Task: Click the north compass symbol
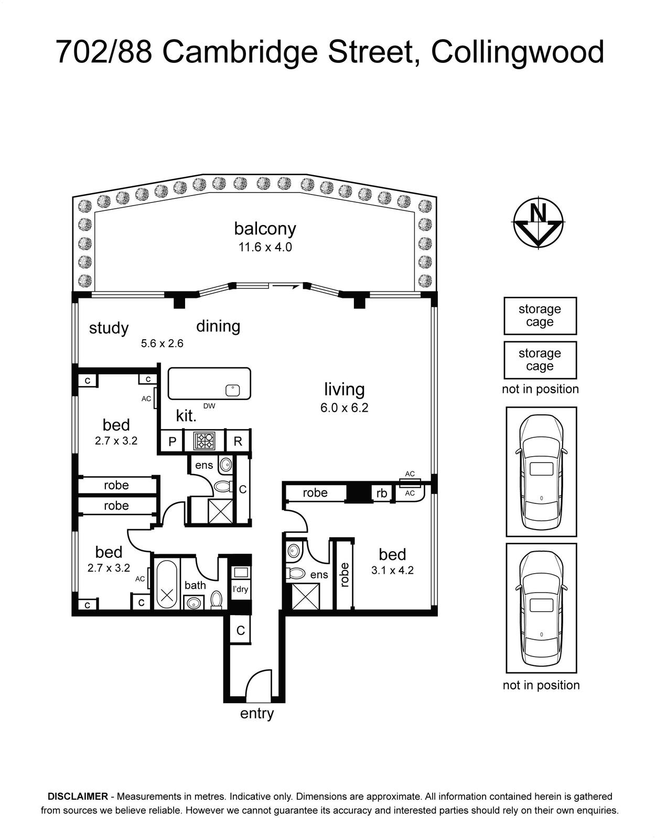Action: [538, 223]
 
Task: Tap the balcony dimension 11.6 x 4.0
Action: [265, 247]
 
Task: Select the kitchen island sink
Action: [233, 390]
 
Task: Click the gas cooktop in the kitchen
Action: [204, 440]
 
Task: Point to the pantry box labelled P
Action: [173, 442]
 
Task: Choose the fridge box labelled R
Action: [238, 442]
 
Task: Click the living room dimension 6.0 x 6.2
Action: [345, 408]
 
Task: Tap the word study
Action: [109, 329]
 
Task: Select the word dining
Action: [218, 326]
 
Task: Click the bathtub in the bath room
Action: [167, 585]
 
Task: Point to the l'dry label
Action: [240, 589]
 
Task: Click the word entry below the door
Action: [257, 714]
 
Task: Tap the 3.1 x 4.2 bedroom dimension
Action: [392, 571]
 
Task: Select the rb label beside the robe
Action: [381, 493]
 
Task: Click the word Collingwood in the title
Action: [518, 52]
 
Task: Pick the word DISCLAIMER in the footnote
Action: [78, 796]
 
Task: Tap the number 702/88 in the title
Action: [104, 52]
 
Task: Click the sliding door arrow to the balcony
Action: [285, 286]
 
